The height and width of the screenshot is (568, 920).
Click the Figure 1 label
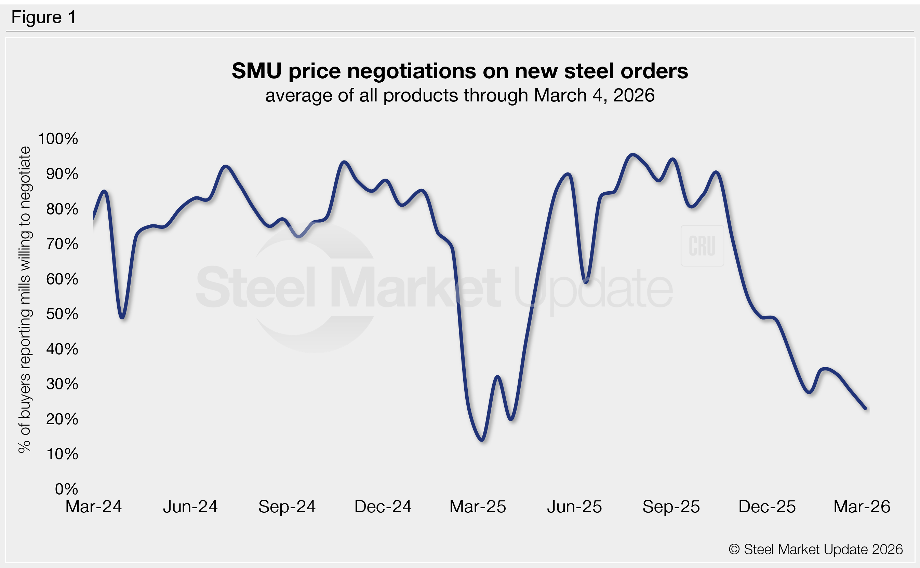(x=44, y=17)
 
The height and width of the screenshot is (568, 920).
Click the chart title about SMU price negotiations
(x=459, y=71)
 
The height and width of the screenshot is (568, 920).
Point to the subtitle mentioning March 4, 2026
(x=459, y=95)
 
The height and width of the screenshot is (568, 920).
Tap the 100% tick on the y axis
(x=58, y=139)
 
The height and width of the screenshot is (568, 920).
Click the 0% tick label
(x=66, y=489)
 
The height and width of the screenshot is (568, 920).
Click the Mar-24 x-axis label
(x=94, y=507)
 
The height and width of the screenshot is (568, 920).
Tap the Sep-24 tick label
(x=287, y=507)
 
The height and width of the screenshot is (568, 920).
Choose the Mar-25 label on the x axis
(x=478, y=507)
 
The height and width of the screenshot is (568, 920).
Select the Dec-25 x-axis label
(x=767, y=507)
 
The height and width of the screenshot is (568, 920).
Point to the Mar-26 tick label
(x=862, y=507)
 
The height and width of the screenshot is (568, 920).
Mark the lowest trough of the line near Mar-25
(x=482, y=440)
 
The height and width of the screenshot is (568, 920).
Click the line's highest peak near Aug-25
(x=633, y=155)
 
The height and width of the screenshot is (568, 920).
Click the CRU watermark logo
(x=702, y=246)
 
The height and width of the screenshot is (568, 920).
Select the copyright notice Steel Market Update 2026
(x=815, y=549)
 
